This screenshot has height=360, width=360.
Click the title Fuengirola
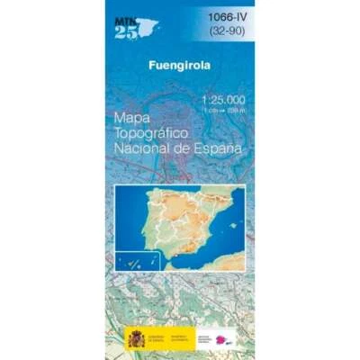click(178, 66)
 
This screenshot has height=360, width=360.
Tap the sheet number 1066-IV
click(228, 15)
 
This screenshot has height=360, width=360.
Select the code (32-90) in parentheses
click(228, 31)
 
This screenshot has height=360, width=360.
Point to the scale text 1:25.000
click(222, 100)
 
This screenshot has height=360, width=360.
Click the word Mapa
click(132, 118)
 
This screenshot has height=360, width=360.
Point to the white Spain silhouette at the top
click(147, 27)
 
